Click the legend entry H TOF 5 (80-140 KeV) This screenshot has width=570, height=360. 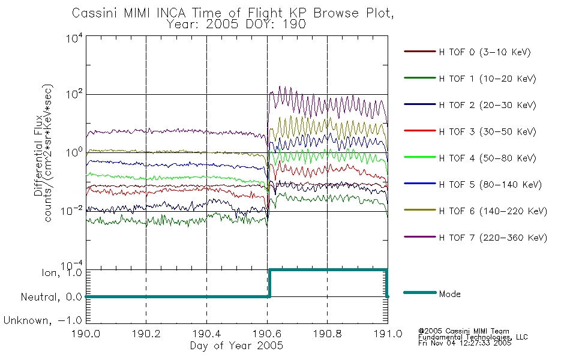tap(490, 184)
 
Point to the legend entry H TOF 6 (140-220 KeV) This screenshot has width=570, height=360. tap(492, 211)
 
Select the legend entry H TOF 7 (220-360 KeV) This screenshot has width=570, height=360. tap(492, 238)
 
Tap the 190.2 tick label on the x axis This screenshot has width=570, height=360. tap(146, 335)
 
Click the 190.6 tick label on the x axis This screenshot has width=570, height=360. tap(267, 335)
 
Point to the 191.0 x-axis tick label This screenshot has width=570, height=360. tap(388, 335)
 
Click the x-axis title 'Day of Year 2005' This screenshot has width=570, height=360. tap(236, 346)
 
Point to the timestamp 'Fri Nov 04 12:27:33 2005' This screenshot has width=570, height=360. tap(465, 344)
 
